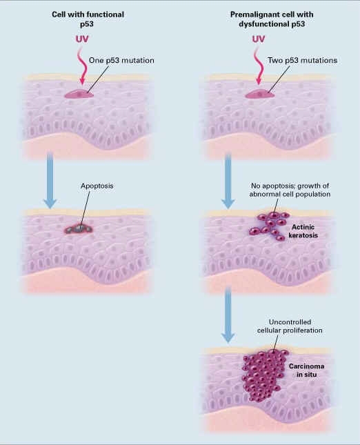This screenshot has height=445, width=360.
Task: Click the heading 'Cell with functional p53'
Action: (88, 19)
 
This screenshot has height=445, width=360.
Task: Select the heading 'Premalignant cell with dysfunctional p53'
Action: (272, 19)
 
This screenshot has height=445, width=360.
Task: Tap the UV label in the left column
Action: (82, 39)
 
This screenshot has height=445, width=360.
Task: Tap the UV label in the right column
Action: (259, 39)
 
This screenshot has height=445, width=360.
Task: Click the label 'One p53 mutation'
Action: (121, 60)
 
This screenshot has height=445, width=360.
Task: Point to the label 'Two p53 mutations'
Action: (302, 60)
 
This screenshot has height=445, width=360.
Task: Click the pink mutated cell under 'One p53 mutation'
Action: (79, 94)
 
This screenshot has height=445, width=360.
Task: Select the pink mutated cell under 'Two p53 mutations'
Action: (259, 94)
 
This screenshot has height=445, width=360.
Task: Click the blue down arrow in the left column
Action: (50, 180)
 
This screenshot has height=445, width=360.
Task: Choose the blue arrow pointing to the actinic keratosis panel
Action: (228, 180)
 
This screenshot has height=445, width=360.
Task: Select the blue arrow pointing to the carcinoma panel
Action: (228, 315)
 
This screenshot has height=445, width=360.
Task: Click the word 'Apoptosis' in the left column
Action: (97, 186)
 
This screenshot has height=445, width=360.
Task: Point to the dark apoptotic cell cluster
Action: (79, 228)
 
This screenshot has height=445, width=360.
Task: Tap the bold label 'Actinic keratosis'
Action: (303, 231)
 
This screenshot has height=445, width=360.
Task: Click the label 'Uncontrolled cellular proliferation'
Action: (290, 326)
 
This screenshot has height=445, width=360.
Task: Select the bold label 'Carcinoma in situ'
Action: (306, 370)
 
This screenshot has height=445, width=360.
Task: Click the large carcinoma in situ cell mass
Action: (264, 375)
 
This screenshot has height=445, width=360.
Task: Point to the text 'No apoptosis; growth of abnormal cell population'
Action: (290, 190)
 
